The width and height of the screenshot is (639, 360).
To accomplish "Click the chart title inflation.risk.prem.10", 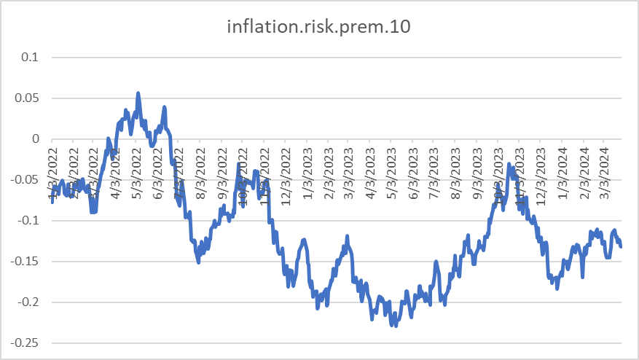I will tap(319, 28).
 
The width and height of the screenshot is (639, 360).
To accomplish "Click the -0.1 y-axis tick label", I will tap(31, 220).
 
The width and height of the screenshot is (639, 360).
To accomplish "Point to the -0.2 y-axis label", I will tap(31, 302).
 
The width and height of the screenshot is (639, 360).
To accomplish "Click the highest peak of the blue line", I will tap(138, 93).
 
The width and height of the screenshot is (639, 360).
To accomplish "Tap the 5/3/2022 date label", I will tap(137, 170).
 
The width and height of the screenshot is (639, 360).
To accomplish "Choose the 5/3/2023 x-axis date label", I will tap(391, 170).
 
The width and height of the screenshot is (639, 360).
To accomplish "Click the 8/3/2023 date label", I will tap(455, 170).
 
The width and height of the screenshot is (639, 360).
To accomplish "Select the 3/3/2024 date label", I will tap(604, 170).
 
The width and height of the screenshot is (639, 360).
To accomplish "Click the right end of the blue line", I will tap(621, 246).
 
